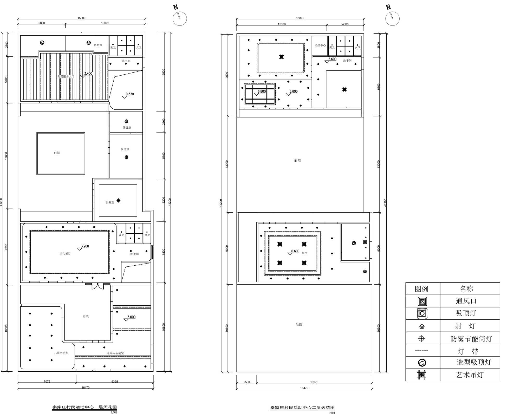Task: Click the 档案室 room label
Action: coord(98,45)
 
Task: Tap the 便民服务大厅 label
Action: coord(66,77)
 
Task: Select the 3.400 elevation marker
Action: coord(88,74)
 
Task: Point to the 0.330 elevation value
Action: coord(129,94)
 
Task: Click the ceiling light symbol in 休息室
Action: coord(126,121)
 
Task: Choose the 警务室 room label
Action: coord(125,149)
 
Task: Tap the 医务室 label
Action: coord(109,202)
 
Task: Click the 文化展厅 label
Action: coord(65,253)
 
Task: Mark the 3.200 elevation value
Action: coord(85,246)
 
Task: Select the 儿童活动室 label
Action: coord(61,353)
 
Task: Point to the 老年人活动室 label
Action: coord(115,353)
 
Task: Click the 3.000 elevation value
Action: coord(131,317)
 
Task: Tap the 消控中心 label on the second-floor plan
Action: coord(320,45)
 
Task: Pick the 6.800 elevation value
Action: coord(262,91)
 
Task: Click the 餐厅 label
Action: coord(304,253)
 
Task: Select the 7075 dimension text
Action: coord(47,382)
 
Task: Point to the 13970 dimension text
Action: coord(314,382)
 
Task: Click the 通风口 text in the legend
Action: coord(466,301)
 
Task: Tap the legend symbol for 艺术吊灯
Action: coord(422,375)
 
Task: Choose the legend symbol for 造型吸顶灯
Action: coord(422,363)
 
